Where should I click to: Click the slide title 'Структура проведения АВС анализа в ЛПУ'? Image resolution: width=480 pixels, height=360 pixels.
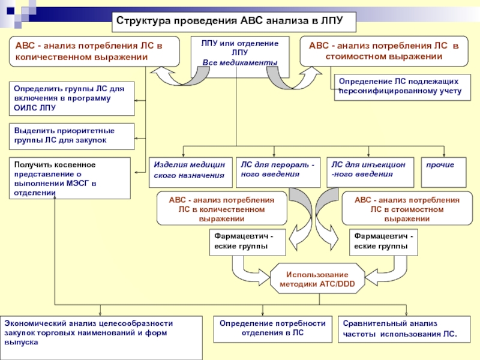pyautogui.click(x=234, y=21)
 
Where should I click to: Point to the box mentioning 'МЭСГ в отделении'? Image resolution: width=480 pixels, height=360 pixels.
pyautogui.click(x=70, y=178)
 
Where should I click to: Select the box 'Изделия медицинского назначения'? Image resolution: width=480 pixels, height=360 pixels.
pyautogui.click(x=190, y=170)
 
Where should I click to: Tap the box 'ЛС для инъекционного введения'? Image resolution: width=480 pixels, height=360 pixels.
pyautogui.click(x=369, y=170)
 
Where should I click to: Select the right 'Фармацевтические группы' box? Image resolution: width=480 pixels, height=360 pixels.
pyautogui.click(x=384, y=242)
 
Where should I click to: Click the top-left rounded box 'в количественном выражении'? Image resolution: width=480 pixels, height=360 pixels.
pyautogui.click(x=94, y=52)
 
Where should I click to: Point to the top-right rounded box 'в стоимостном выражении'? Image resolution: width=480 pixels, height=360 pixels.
pyautogui.click(x=383, y=52)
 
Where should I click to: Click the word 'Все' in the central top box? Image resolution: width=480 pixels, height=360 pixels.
pyautogui.click(x=210, y=63)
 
